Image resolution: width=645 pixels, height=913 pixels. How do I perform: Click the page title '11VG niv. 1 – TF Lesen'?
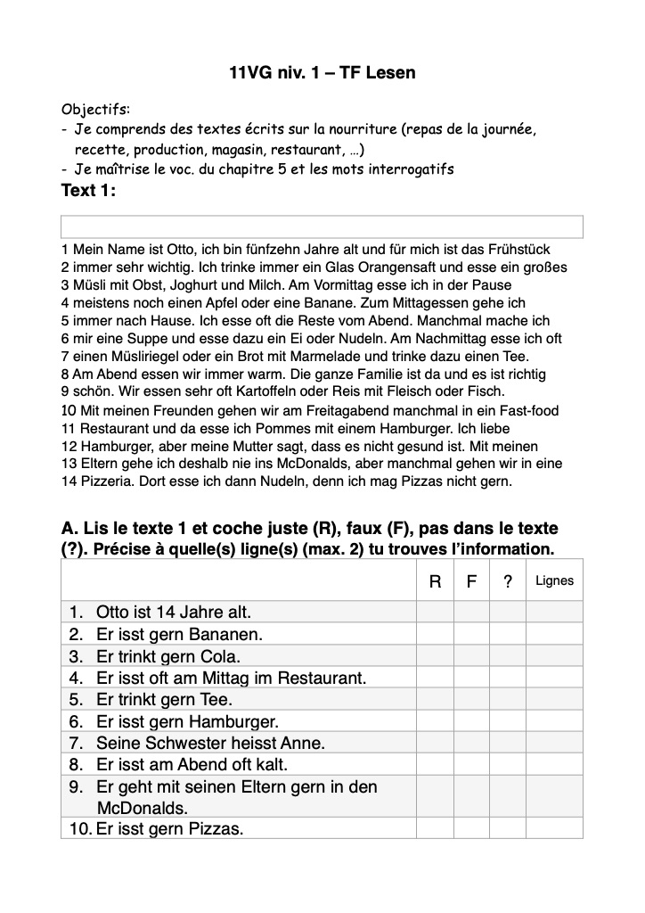click(322, 73)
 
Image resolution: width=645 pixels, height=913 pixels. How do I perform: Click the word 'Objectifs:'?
click(95, 110)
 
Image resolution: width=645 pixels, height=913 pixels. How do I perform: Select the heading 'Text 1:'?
click(88, 190)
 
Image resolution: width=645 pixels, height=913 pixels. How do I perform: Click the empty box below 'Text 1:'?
click(322, 226)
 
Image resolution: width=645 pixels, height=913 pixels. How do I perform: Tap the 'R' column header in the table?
click(435, 581)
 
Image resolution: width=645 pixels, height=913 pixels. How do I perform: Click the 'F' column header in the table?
click(471, 581)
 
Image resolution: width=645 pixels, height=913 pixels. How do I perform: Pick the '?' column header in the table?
click(507, 581)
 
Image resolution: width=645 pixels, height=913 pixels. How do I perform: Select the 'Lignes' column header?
click(554, 581)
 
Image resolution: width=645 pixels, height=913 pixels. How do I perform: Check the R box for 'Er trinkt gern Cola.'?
click(435, 656)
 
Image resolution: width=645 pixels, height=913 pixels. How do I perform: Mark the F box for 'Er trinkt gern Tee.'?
click(471, 700)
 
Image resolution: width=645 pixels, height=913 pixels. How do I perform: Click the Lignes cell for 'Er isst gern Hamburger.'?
click(554, 721)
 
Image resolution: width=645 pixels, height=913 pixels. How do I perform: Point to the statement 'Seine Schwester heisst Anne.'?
click(210, 743)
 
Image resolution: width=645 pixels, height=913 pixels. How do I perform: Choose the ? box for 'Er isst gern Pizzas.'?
click(507, 829)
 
